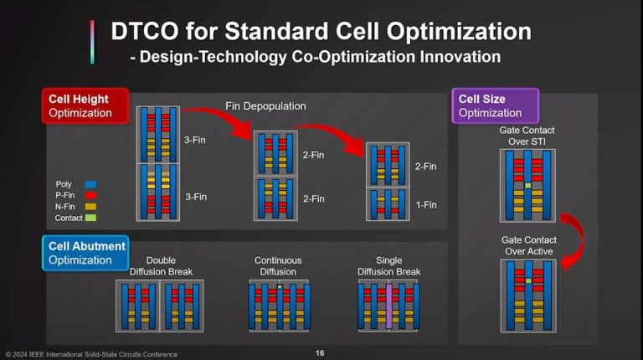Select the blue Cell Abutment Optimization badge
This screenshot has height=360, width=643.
pos(86,253)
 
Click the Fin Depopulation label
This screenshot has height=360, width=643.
pos(265,105)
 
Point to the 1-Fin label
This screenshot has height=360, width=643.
pos(425,205)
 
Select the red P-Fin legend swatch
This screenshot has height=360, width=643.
pos(91,195)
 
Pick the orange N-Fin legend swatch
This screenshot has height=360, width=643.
pos(91,207)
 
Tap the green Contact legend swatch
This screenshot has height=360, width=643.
pos(91,219)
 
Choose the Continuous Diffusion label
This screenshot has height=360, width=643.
pos(278,266)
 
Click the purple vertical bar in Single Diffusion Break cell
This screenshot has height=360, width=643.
pos(388,306)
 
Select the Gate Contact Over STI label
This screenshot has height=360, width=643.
pos(527,136)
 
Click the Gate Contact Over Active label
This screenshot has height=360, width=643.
pos(527,245)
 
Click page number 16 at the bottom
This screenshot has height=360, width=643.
pos(320,353)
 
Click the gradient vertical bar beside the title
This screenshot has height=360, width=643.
pos(92,42)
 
